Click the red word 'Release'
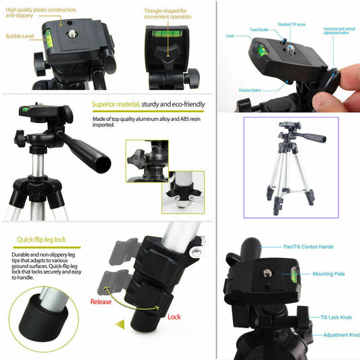101,302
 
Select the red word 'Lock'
174,316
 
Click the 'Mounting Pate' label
328,274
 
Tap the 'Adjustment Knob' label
340,335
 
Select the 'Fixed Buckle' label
259,29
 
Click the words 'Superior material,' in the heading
115,105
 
